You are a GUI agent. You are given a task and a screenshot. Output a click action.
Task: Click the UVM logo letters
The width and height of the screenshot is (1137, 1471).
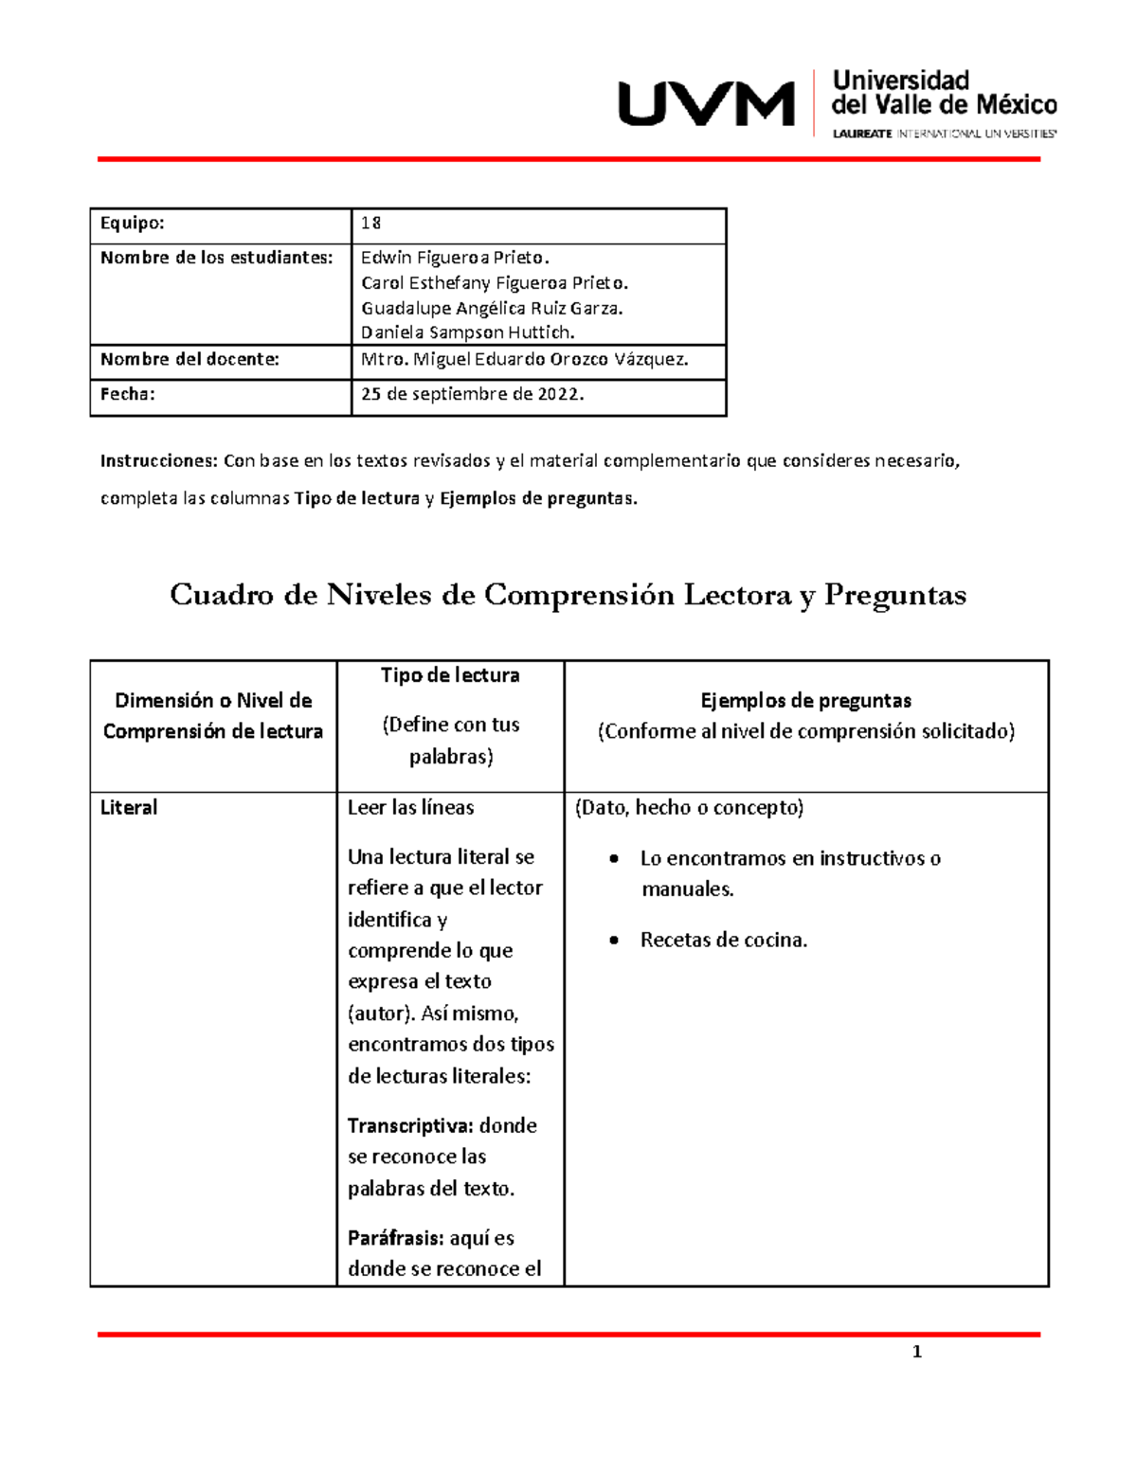coord(706,103)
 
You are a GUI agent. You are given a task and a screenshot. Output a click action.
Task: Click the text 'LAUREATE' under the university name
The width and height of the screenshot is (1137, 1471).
coord(861,134)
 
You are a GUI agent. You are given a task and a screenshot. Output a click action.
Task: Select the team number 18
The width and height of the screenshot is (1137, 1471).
coord(370,224)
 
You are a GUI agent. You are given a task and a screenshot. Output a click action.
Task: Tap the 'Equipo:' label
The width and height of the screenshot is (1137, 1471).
coord(133,224)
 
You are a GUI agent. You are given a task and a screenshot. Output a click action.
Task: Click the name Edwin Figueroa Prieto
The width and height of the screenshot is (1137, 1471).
coord(455,258)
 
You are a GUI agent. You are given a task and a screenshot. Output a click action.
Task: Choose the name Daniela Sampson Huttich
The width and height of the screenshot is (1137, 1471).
coord(468,332)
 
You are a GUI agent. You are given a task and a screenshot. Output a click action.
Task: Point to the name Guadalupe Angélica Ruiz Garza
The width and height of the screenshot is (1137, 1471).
coord(492,308)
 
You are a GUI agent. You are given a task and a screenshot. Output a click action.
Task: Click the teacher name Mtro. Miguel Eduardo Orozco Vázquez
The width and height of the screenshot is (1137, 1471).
coord(525,360)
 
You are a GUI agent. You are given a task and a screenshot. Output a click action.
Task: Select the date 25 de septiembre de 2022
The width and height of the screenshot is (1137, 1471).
coord(472,395)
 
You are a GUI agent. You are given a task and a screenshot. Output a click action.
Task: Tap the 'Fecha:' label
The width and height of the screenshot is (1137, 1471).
coord(127,395)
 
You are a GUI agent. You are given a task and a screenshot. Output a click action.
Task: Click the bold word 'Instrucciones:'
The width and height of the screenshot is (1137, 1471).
coord(159,461)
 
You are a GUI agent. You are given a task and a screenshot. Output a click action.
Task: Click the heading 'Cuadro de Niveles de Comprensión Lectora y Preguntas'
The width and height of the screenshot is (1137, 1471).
coord(568,595)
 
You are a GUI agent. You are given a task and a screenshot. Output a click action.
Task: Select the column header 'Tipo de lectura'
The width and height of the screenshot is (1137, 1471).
coord(450,675)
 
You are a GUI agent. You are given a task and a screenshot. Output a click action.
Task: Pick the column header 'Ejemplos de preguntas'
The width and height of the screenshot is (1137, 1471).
coord(805,701)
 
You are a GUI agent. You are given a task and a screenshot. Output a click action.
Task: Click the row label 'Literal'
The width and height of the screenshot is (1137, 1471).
coord(129,808)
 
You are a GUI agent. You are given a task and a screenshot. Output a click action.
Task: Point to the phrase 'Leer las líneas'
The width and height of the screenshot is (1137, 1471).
coord(410,808)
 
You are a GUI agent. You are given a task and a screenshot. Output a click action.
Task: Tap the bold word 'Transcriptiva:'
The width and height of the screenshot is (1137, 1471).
coord(410,1126)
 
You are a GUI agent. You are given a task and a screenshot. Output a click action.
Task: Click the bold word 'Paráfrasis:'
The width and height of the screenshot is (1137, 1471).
coord(395,1238)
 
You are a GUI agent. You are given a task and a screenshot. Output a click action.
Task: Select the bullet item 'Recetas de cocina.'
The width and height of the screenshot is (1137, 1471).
coord(723,941)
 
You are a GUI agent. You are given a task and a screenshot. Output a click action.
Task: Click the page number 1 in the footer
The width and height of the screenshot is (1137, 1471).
coord(916,1352)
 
